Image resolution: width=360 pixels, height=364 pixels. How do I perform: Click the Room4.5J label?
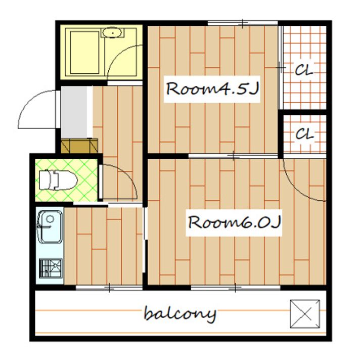pyautogui.click(x=212, y=88)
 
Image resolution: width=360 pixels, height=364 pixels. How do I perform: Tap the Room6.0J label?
pyautogui.click(x=234, y=222)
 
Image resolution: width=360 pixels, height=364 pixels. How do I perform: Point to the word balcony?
pyautogui.click(x=180, y=314)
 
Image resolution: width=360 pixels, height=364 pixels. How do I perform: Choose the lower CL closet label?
pyautogui.click(x=304, y=134)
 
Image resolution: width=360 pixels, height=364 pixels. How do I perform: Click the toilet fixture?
pyautogui.click(x=58, y=180)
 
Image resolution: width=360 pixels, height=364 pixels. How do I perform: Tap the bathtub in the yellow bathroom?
pyautogui.click(x=84, y=53)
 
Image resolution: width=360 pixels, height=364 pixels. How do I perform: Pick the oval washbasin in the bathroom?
pyautogui.click(x=112, y=32)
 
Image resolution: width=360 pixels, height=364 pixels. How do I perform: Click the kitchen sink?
pyautogui.click(x=50, y=226)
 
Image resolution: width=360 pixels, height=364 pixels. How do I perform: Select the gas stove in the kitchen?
pyautogui.click(x=51, y=268)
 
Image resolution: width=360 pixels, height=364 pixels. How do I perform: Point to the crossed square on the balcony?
pyautogui.click(x=305, y=314)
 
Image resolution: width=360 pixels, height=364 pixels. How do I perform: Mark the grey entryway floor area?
pyautogui.click(x=74, y=112)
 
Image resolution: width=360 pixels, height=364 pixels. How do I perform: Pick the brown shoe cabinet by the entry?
pyautogui.click(x=79, y=146)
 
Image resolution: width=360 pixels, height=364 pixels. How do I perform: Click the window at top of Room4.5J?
pyautogui.click(x=243, y=23)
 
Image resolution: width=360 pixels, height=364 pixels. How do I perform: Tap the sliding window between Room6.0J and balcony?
pyautogui.click(x=235, y=288)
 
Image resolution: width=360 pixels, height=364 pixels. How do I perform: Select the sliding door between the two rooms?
pyautogui.click(x=233, y=156)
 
